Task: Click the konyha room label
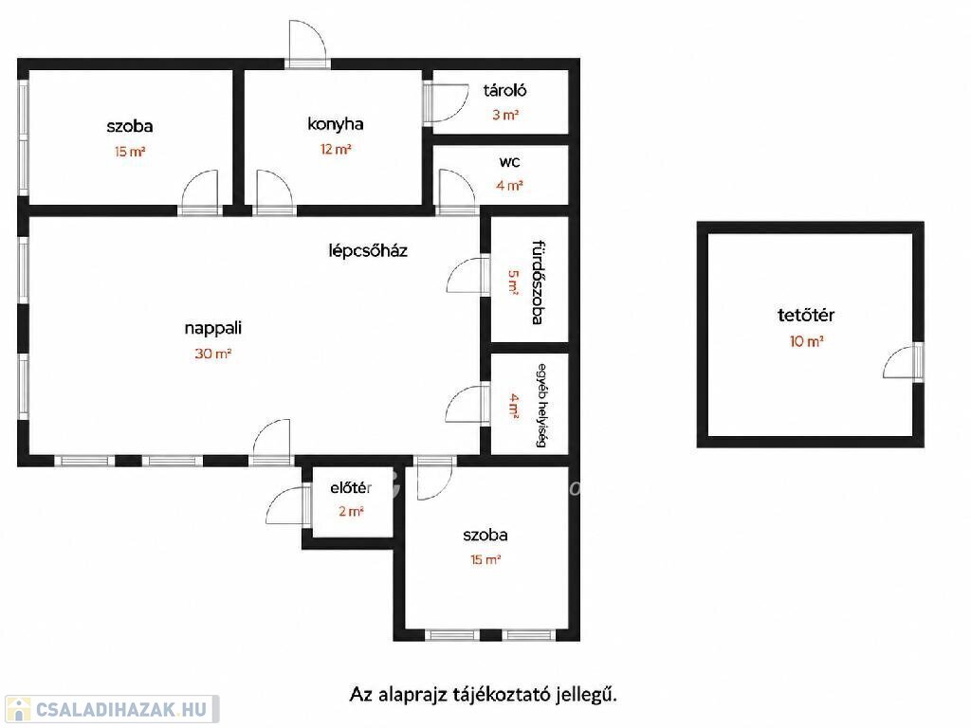coord(335,124)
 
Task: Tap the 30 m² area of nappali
coord(212,354)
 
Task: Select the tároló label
coord(504,90)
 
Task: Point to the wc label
coord(509,162)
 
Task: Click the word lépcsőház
coord(368,250)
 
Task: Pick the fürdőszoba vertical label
coord(538,282)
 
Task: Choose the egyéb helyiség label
coord(541,406)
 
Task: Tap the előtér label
coord(351,488)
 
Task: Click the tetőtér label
coord(806,315)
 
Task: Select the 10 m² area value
coord(806,341)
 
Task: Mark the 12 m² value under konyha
coord(336,149)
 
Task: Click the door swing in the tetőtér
coord(899,363)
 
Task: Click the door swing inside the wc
coord(457,189)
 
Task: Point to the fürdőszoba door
coord(465,276)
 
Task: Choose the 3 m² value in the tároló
coord(505,115)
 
